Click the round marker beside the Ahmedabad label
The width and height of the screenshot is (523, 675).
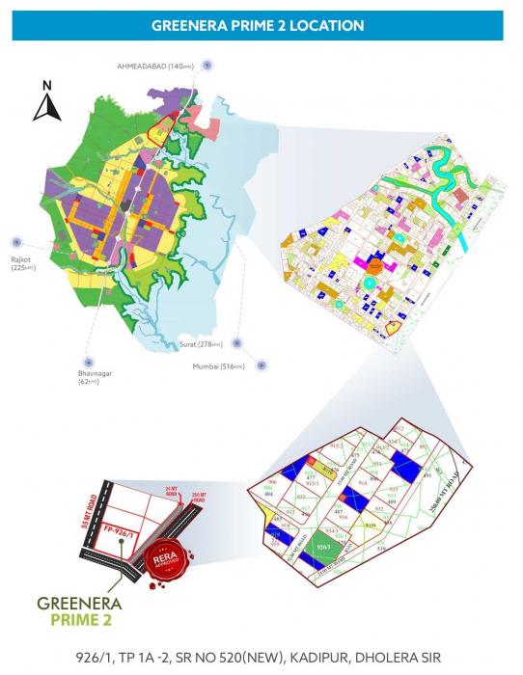[209, 65]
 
